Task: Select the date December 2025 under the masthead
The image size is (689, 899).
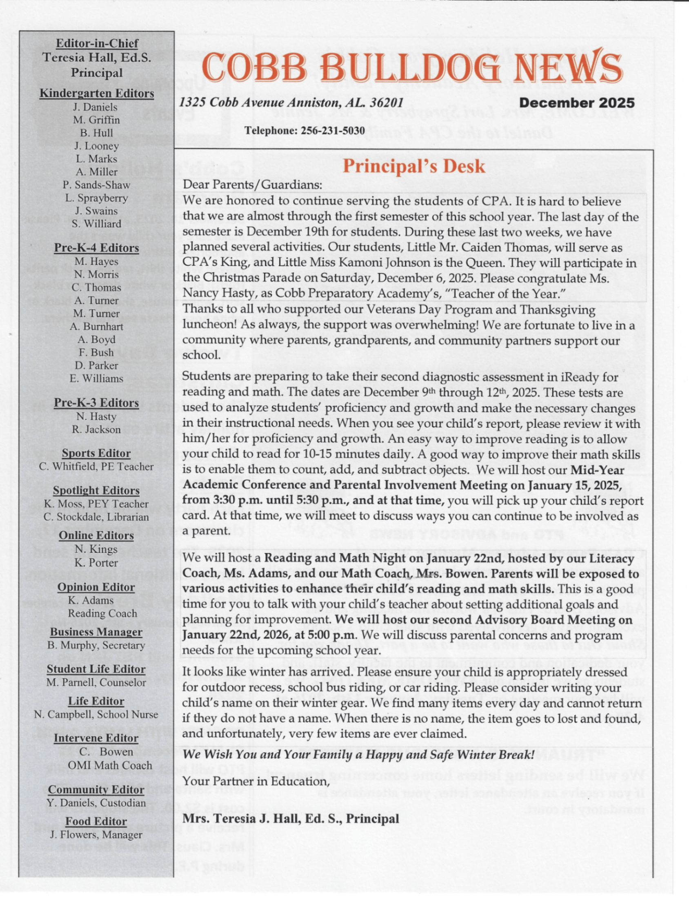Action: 577,103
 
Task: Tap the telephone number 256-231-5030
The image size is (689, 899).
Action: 333,131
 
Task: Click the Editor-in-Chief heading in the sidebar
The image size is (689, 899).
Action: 97,43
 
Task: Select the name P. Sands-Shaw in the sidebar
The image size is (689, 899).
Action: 96,185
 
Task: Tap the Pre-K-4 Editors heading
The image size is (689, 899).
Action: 96,248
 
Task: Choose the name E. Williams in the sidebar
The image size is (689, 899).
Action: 96,378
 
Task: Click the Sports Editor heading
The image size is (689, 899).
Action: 96,453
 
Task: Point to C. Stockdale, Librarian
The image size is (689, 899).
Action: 96,517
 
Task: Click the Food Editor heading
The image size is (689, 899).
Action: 96,821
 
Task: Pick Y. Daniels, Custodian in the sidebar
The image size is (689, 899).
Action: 96,803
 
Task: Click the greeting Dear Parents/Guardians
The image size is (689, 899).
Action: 252,185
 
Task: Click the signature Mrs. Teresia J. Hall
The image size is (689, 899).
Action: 290,818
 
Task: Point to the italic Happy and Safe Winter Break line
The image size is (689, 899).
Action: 358,754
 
